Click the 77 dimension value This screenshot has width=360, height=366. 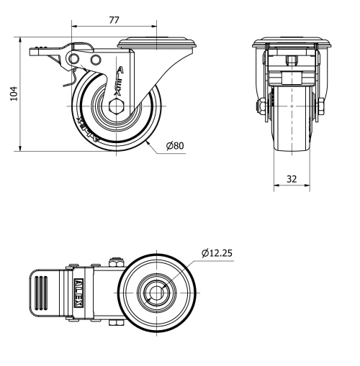point(113,20)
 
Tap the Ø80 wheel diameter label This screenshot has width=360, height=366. point(175,146)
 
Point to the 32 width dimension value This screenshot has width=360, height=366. point(292,180)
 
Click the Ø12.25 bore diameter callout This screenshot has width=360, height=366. point(217,253)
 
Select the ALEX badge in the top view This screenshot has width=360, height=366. point(79,291)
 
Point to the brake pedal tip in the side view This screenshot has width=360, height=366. point(35,51)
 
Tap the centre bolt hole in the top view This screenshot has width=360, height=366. point(157,292)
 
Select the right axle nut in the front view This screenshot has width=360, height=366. point(320,109)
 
